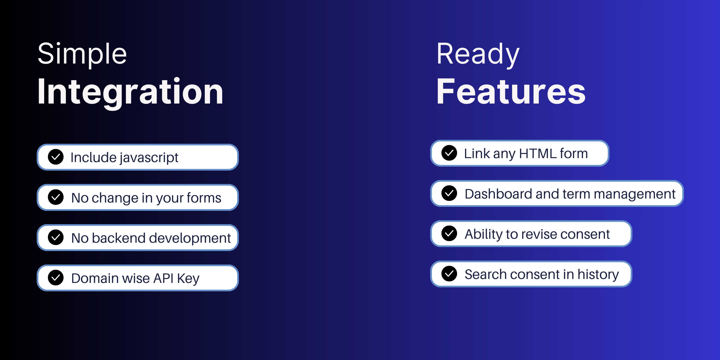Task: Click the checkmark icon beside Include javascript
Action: pos(56,157)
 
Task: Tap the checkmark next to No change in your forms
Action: pos(56,197)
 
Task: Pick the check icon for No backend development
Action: pos(56,237)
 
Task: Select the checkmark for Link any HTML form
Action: pos(449,153)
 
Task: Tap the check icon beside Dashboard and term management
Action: pos(449,193)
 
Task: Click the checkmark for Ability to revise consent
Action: pos(449,233)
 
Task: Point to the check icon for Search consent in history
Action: pos(449,274)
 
